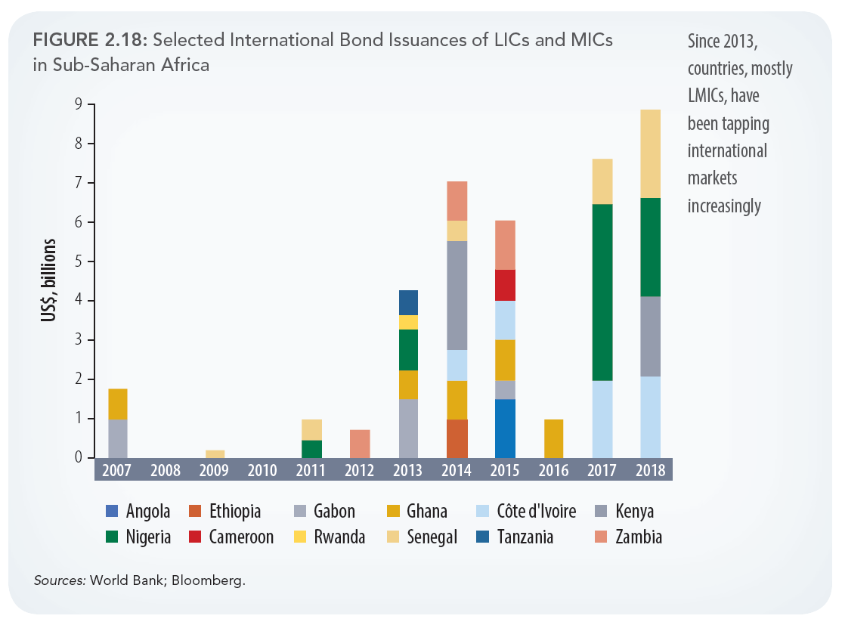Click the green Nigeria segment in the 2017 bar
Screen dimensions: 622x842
[602, 292]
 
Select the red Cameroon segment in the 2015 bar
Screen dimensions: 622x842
[505, 285]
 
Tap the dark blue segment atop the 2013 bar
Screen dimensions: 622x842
[408, 302]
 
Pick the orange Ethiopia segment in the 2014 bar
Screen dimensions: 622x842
[457, 438]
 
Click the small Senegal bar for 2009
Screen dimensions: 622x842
[215, 453]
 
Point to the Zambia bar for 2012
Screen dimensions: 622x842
[360, 444]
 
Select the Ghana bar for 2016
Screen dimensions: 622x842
[553, 438]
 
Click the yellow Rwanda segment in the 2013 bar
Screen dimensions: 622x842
[408, 322]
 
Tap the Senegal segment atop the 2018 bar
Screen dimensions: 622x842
[650, 153]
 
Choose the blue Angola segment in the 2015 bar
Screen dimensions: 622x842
[505, 428]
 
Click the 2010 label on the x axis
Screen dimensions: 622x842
[262, 470]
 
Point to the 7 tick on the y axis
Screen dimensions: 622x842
[78, 183]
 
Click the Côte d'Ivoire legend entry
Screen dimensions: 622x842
[536, 512]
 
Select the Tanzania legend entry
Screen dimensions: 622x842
[525, 537]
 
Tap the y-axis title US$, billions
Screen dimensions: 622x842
[49, 280]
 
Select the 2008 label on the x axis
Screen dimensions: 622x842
[166, 470]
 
